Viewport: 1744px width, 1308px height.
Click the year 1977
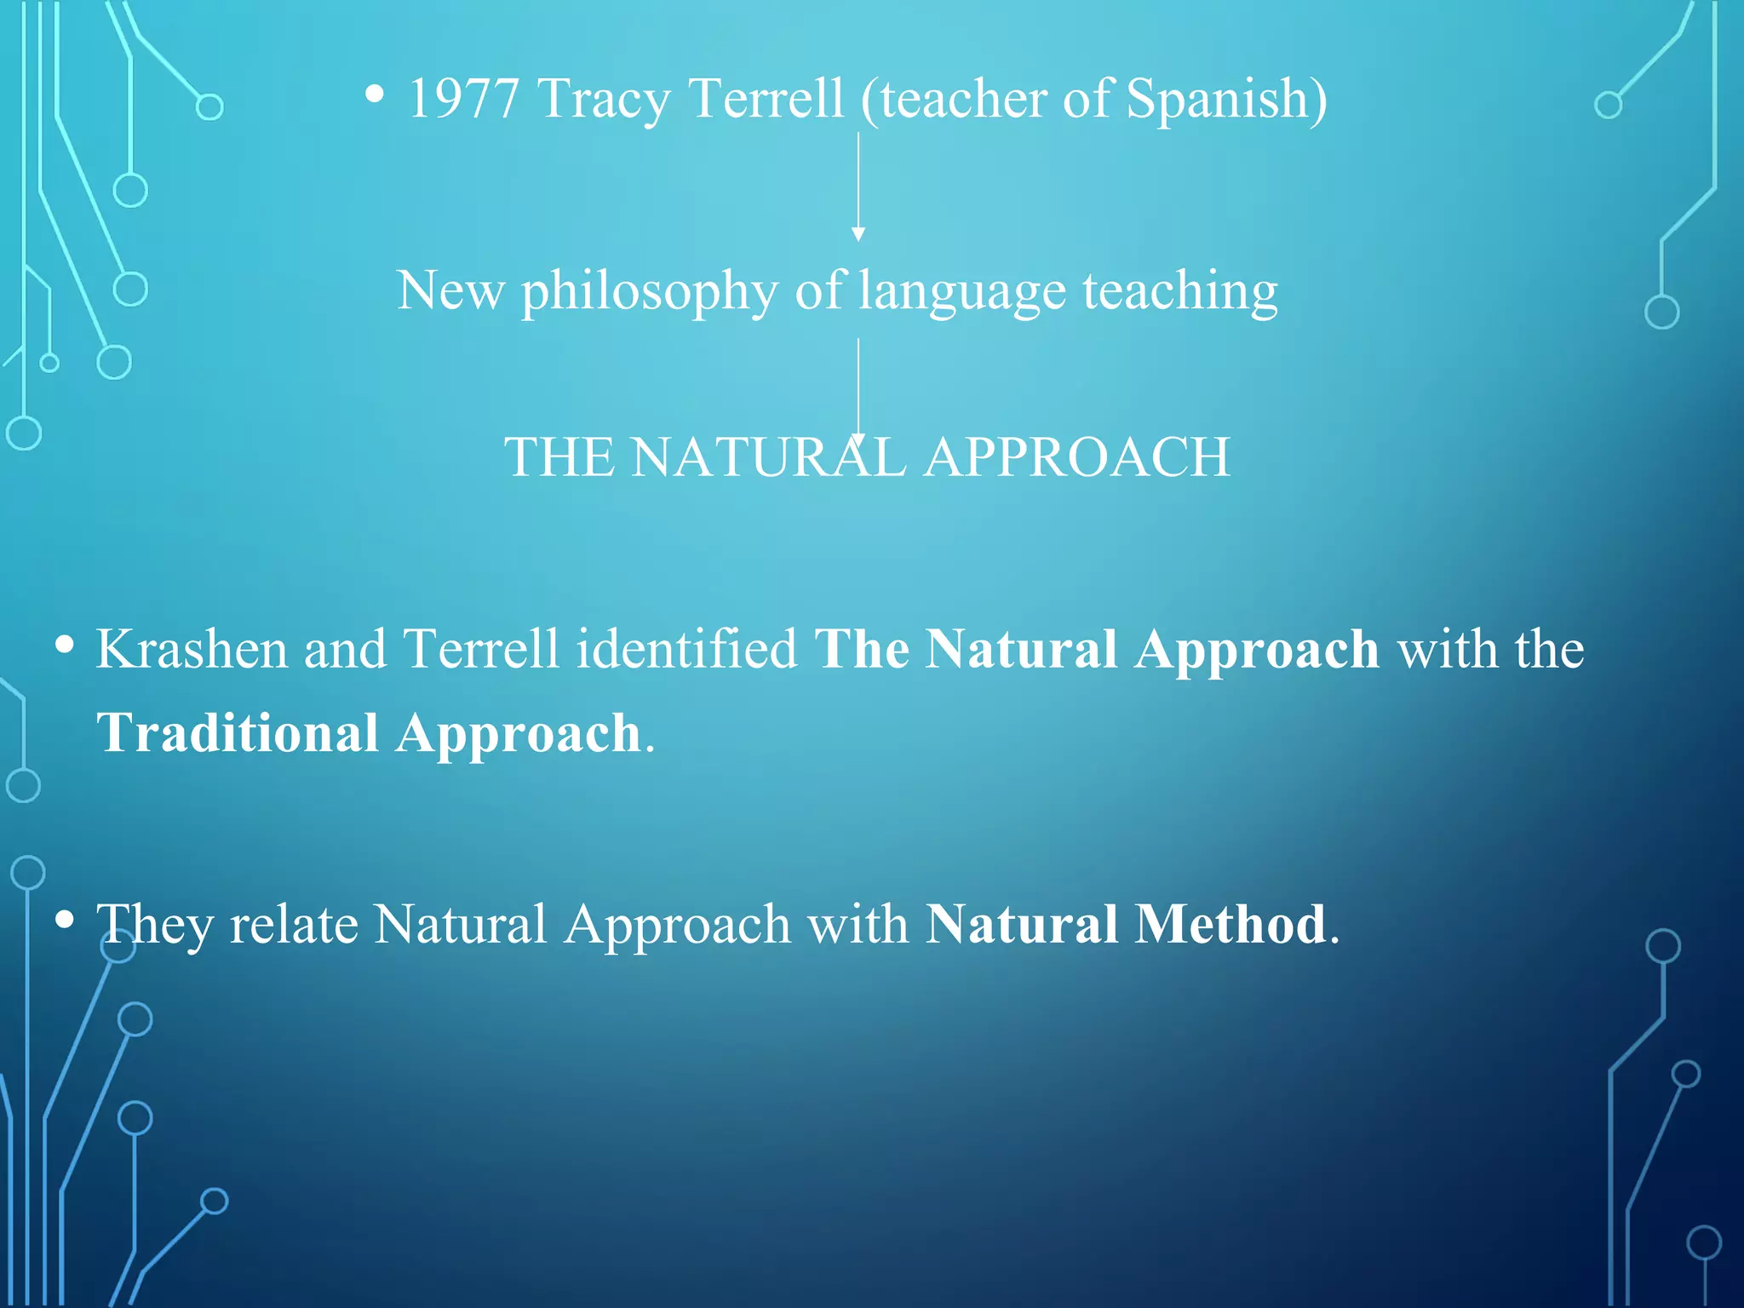tap(463, 99)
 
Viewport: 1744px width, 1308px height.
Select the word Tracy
tap(604, 100)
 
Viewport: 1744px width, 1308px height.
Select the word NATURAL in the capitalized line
tap(768, 458)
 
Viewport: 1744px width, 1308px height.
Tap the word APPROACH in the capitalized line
tap(1077, 458)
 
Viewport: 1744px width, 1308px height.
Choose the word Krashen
tap(192, 650)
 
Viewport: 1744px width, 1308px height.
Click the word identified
tap(686, 650)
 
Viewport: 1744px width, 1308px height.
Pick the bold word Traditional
tap(238, 734)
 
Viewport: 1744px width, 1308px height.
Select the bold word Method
tap(1231, 925)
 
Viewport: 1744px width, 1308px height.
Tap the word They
tap(154, 925)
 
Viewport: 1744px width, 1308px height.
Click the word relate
tap(294, 925)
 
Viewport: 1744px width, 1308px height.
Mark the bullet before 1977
tap(374, 95)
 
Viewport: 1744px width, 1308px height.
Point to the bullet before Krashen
tap(64, 645)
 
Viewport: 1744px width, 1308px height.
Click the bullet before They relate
tap(64, 920)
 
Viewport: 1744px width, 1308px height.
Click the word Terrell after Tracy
tap(766, 99)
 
